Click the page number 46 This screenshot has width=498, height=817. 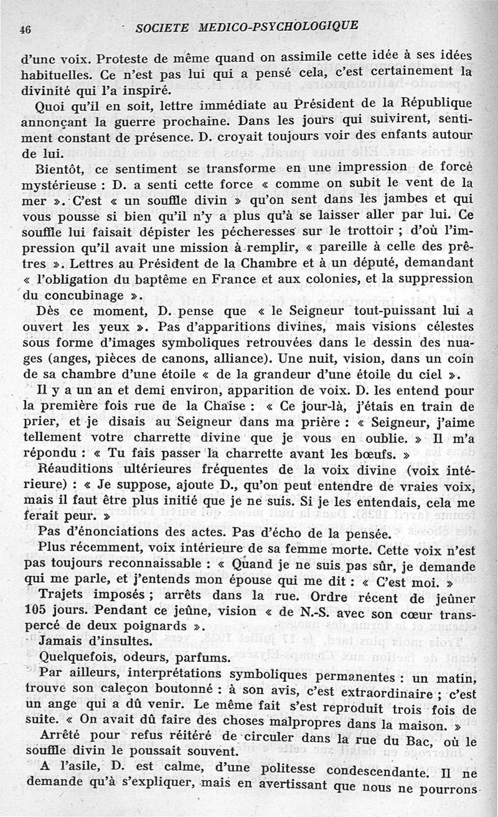tap(26, 29)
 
